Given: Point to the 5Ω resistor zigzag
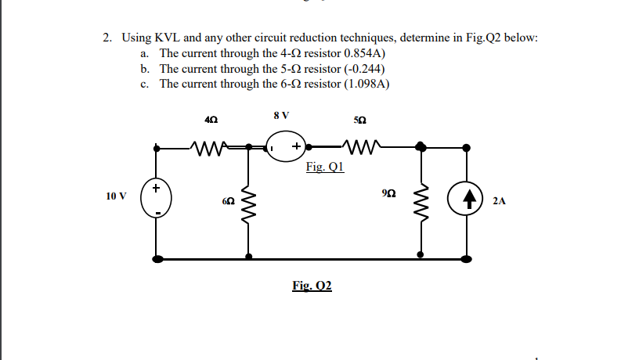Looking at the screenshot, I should tap(359, 146).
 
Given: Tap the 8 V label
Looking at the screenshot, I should tap(282, 115).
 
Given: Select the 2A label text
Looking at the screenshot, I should tap(500, 201).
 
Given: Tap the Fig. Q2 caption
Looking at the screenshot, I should tap(312, 286).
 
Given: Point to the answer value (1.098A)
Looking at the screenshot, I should tap(364, 84).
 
